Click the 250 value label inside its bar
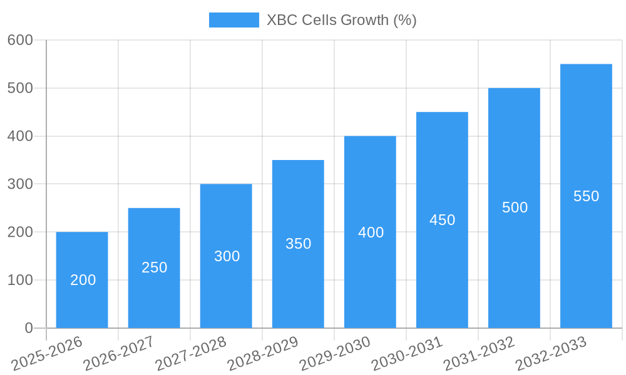(154, 267)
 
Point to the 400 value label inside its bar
(371, 232)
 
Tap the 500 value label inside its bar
(515, 207)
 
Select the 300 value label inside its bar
(227, 256)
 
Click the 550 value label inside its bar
(586, 196)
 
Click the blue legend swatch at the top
(233, 20)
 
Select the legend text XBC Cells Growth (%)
(341, 20)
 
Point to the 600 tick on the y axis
(20, 40)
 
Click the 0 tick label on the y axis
(28, 328)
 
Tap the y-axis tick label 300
(20, 184)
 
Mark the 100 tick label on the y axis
(20, 280)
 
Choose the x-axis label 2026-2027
(119, 352)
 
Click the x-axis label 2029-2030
(335, 352)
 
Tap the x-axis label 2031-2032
(479, 352)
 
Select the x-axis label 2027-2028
(191, 352)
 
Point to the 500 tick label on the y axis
(20, 88)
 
